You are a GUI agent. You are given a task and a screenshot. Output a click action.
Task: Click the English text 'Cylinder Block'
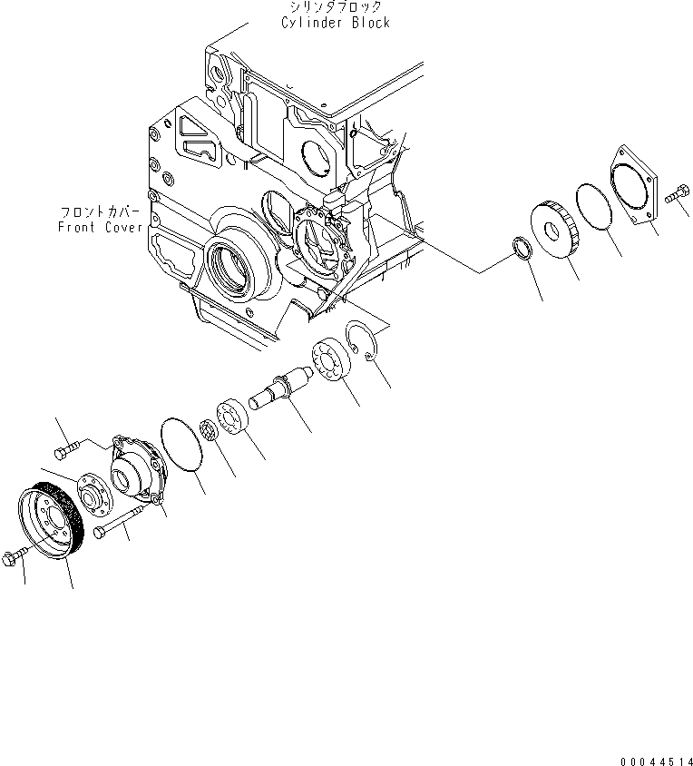336,22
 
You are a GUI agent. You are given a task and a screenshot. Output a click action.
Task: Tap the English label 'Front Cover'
100,227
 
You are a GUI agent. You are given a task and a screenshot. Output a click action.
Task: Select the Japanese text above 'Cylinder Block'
336,7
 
